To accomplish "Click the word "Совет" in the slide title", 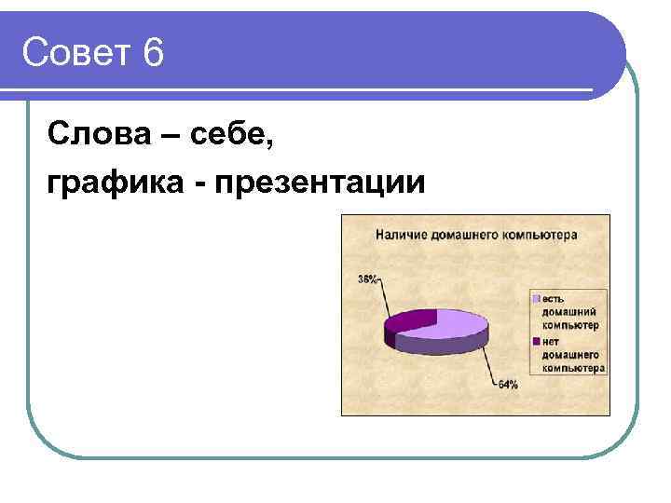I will pyautogui.click(x=75, y=53).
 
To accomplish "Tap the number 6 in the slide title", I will pyautogui.click(x=154, y=53).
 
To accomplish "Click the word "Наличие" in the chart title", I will pyautogui.click(x=401, y=235).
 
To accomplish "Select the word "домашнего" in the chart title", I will pyautogui.click(x=465, y=235).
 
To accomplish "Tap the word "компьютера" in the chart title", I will pyautogui.click(x=541, y=235).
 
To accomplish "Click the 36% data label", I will pyautogui.click(x=367, y=279).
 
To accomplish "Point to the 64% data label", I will pyautogui.click(x=507, y=385).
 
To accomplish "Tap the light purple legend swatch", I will pyautogui.click(x=536, y=298).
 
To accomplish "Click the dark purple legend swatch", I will pyautogui.click(x=536, y=341).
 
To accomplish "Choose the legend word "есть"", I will pyautogui.click(x=553, y=298).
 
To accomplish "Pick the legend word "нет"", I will pyautogui.click(x=551, y=341).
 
